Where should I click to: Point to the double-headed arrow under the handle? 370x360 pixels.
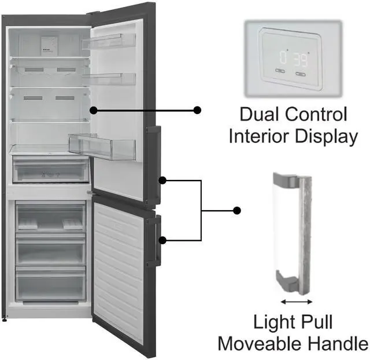click(296, 302)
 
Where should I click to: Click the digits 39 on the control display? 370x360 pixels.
click(301, 58)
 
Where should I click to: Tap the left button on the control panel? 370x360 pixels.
click(280, 72)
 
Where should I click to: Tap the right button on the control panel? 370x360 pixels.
click(301, 74)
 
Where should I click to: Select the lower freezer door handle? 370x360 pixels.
click(153, 241)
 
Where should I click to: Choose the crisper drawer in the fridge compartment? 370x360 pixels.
click(51, 170)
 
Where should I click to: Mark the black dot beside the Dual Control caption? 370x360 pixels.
click(197, 110)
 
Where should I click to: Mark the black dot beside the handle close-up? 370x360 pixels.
click(236, 210)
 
